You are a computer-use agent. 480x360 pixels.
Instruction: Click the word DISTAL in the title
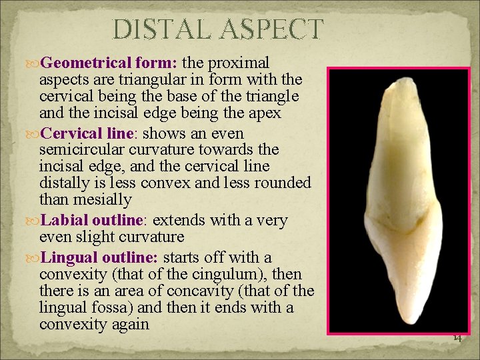point(161,30)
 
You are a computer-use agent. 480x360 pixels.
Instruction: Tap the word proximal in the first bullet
point(239,63)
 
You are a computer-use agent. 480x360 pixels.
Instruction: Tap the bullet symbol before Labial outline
point(33,221)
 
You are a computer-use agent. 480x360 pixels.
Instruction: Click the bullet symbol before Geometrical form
point(33,63)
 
